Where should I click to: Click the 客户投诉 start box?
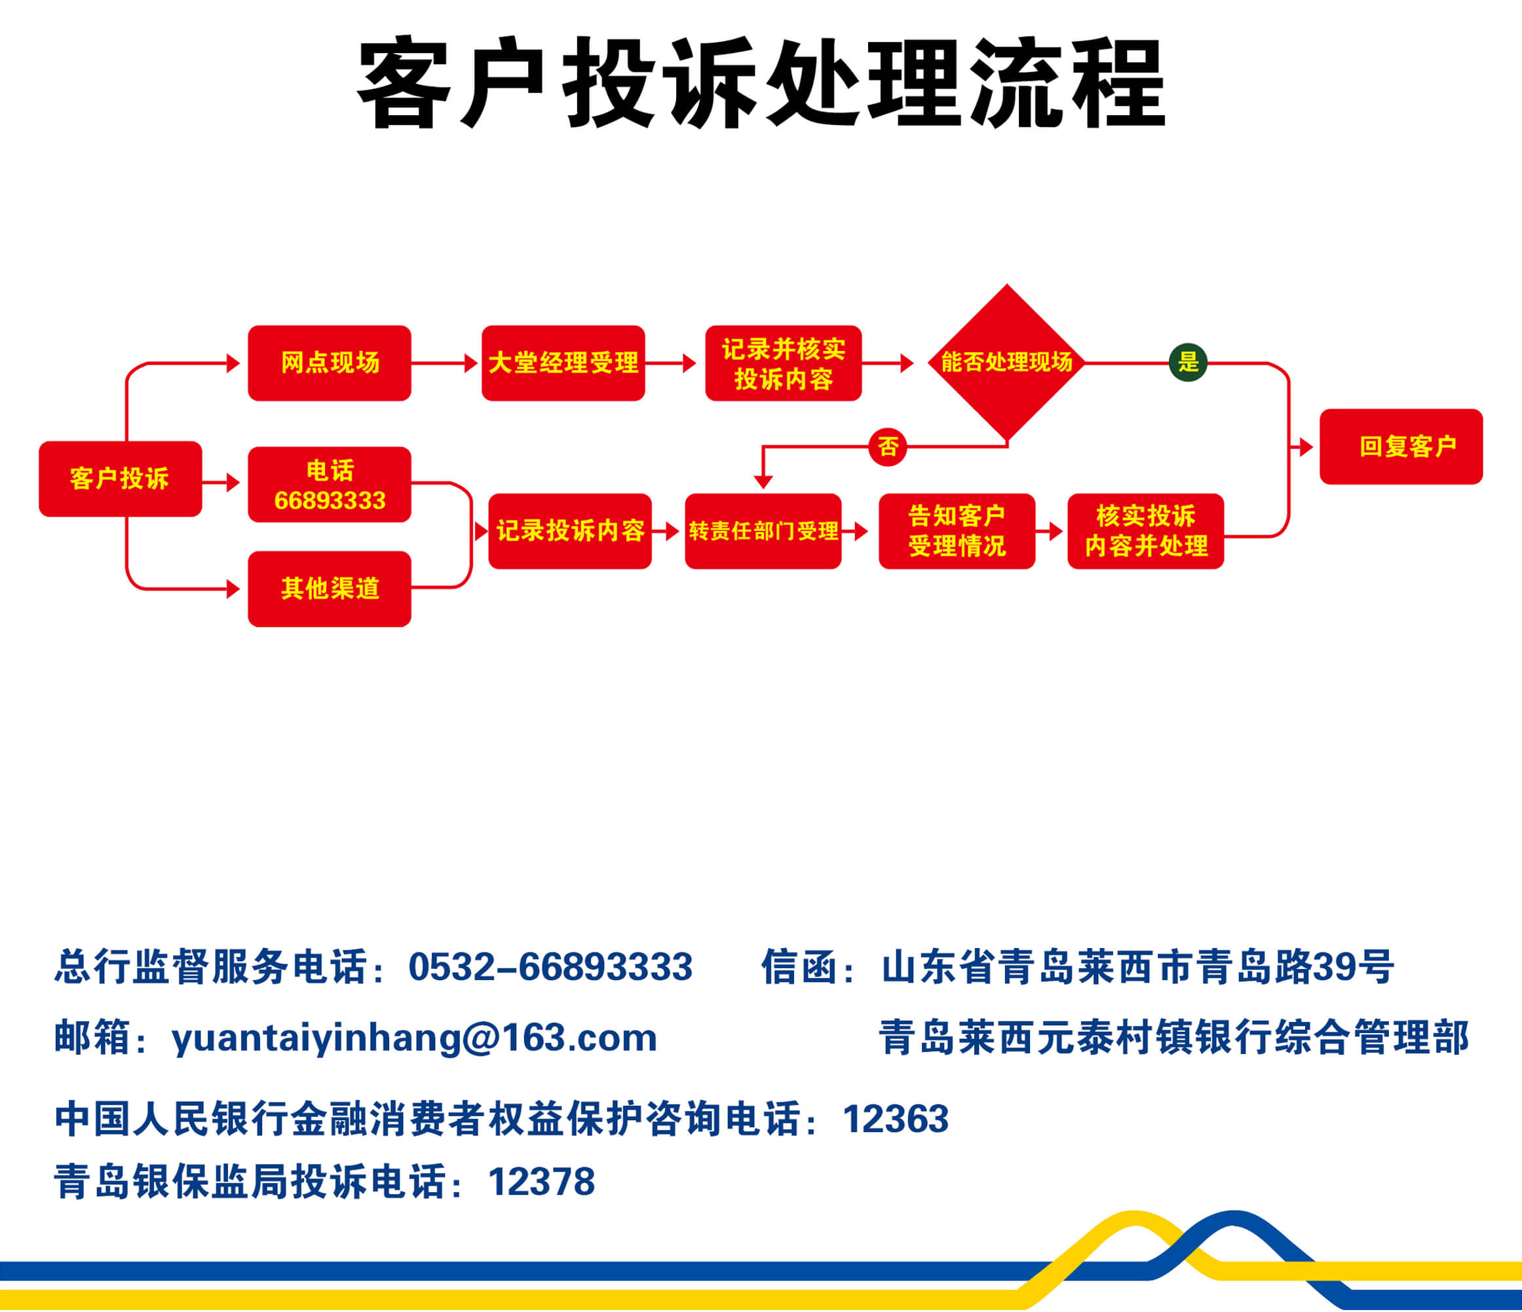[x=121, y=479]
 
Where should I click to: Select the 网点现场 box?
[x=330, y=363]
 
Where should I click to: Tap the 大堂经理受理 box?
[x=563, y=363]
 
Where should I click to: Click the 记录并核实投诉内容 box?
[x=783, y=363]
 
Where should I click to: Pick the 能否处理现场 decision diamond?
[x=1007, y=363]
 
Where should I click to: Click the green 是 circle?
[x=1188, y=362]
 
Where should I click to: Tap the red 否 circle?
[x=888, y=446]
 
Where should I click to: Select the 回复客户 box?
[x=1401, y=446]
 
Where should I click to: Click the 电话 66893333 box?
[x=330, y=484]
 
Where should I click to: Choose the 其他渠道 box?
[x=330, y=589]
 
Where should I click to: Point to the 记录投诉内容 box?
[x=570, y=531]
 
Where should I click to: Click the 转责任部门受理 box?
[x=763, y=531]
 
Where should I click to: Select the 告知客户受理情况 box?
[x=957, y=531]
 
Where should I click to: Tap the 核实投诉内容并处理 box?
[x=1146, y=531]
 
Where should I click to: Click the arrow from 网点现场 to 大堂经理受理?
[x=445, y=363]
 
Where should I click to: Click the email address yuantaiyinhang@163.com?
[x=414, y=1038]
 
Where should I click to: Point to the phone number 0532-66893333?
[x=551, y=966]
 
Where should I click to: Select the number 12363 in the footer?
[x=896, y=1119]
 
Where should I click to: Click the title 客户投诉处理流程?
[x=761, y=83]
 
